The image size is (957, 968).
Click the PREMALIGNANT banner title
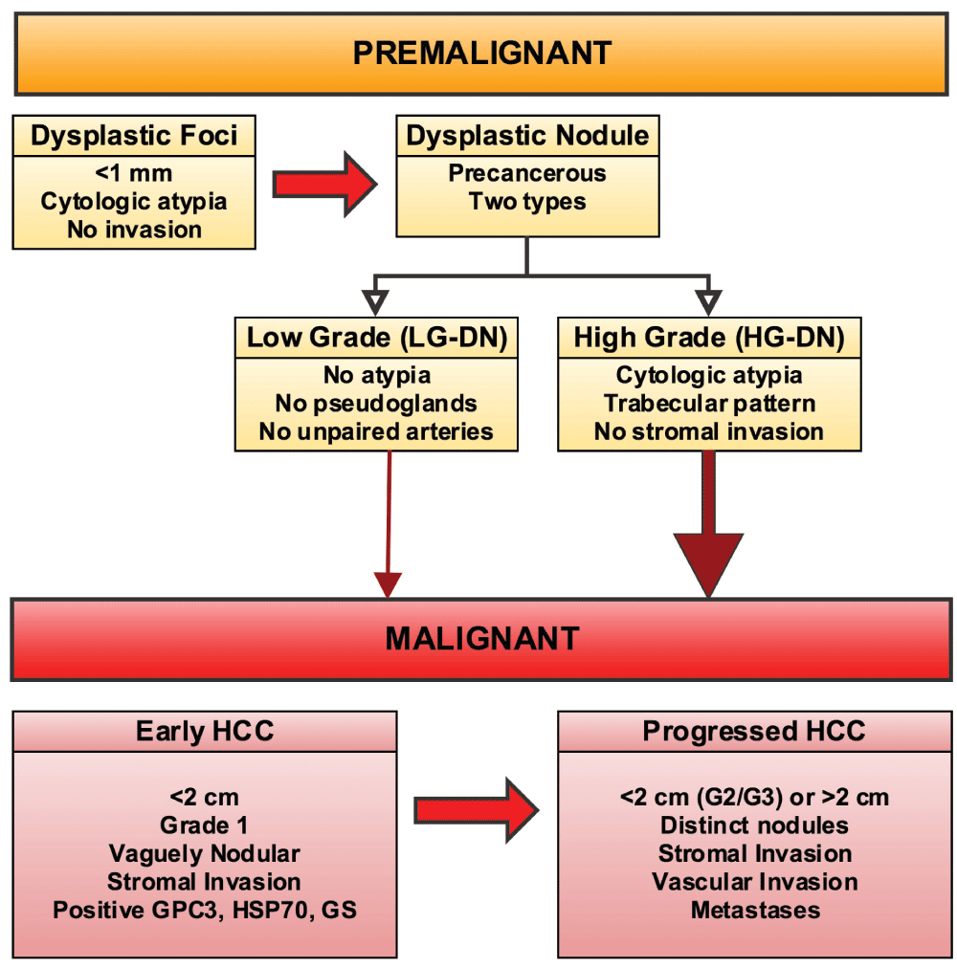tap(482, 54)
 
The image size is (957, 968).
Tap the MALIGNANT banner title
tap(482, 638)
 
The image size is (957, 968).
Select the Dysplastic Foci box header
tap(134, 136)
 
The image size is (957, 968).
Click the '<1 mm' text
tap(134, 173)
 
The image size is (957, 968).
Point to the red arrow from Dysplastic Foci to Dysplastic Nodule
tap(325, 184)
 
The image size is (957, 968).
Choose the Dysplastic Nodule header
tap(527, 136)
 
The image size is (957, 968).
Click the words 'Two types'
tap(527, 201)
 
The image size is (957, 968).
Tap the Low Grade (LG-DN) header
tap(377, 338)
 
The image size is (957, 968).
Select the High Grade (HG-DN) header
tap(709, 338)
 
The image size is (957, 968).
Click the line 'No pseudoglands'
tap(376, 403)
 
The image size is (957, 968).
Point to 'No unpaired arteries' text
tap(376, 431)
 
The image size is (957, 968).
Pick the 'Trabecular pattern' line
tap(709, 403)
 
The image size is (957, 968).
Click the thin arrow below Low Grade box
tap(389, 525)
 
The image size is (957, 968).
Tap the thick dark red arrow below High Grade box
tap(708, 525)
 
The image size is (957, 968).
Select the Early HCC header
tap(205, 732)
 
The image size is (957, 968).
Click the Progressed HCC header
tap(754, 732)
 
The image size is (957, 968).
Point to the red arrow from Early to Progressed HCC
tap(477, 810)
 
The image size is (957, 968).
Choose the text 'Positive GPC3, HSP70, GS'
tap(205, 910)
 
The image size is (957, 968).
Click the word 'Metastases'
tap(755, 910)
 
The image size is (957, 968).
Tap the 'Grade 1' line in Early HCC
tap(205, 825)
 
